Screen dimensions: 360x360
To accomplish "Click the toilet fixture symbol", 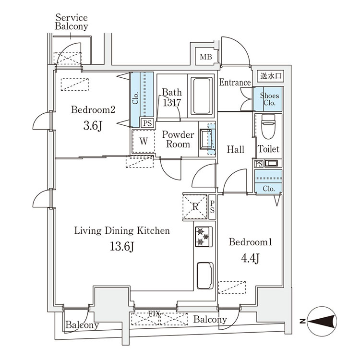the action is (268, 127).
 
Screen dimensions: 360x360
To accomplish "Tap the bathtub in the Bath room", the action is (202, 96).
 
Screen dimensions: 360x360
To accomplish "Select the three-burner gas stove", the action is (204, 237).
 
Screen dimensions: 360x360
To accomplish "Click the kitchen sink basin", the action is (205, 276).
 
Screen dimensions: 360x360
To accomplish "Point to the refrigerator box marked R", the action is (195, 206).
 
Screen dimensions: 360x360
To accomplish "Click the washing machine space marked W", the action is (144, 141).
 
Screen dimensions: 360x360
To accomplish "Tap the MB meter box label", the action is (206, 57).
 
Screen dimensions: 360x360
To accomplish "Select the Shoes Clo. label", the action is (269, 99).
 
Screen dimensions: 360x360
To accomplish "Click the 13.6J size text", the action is (122, 247).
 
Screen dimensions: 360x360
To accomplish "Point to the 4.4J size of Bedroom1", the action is (250, 259).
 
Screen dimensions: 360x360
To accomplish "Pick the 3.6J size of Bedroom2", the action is (93, 126).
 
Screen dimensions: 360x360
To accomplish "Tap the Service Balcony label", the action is (72, 22).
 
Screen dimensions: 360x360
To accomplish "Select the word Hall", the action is (235, 149).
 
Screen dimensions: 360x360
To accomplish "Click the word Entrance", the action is (235, 82).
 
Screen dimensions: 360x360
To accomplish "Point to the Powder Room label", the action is (178, 139).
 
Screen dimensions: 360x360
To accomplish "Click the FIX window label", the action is (154, 313).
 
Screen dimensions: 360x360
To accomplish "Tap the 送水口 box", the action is (271, 76).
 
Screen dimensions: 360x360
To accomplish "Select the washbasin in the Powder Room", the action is (206, 139).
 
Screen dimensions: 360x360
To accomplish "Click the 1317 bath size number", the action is (172, 102).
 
